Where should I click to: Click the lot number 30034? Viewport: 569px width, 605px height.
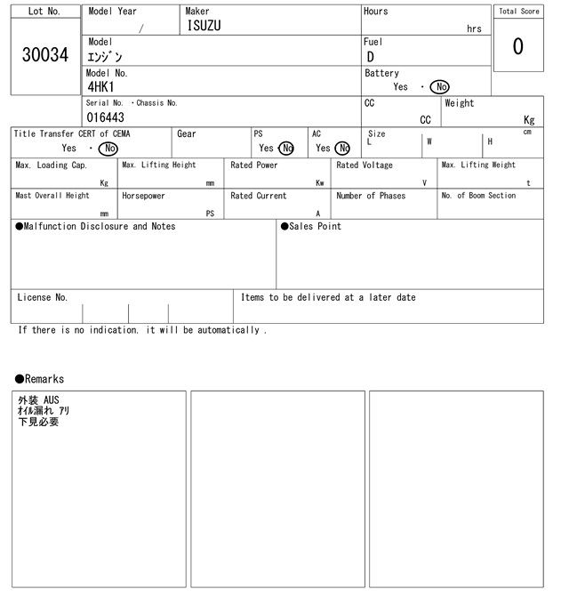(x=44, y=55)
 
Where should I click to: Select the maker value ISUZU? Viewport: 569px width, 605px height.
(x=204, y=27)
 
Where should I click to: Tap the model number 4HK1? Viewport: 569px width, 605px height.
(x=101, y=87)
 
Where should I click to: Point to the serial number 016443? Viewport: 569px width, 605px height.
(x=106, y=117)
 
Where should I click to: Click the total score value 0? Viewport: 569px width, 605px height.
(x=517, y=47)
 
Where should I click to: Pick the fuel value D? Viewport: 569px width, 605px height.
(x=371, y=57)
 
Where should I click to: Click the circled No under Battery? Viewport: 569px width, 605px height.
(x=439, y=87)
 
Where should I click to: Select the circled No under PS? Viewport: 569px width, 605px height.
(x=285, y=149)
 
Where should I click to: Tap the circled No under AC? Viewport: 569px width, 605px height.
(x=342, y=149)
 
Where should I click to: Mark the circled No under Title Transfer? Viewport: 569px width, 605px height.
(x=108, y=149)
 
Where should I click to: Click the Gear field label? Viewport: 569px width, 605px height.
(x=187, y=134)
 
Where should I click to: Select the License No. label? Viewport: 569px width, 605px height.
(x=42, y=298)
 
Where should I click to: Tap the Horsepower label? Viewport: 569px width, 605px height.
(x=143, y=196)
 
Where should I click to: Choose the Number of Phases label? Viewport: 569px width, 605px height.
(x=371, y=196)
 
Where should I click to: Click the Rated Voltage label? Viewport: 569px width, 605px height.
(x=365, y=165)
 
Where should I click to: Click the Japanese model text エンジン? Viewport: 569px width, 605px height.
(x=105, y=57)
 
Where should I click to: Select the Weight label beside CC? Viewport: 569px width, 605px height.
(x=460, y=103)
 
